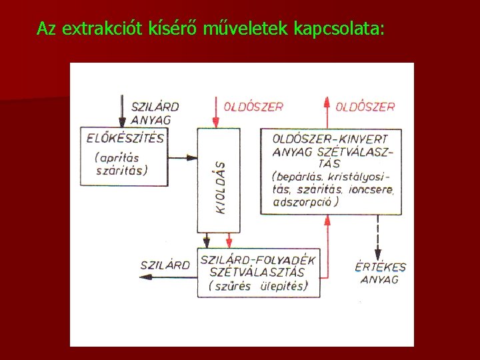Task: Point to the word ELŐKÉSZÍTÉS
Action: (x=125, y=138)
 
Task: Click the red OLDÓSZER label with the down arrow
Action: (x=253, y=106)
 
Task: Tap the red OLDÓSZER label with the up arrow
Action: (x=365, y=106)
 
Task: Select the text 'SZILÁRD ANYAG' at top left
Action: (x=152, y=113)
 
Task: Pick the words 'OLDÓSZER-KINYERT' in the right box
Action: (x=331, y=139)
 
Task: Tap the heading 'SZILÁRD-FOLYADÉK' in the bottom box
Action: (x=258, y=259)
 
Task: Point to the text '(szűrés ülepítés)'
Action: (x=257, y=286)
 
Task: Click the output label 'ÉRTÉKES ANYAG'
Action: (x=380, y=273)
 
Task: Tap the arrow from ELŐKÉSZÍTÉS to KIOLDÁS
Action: (x=183, y=159)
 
